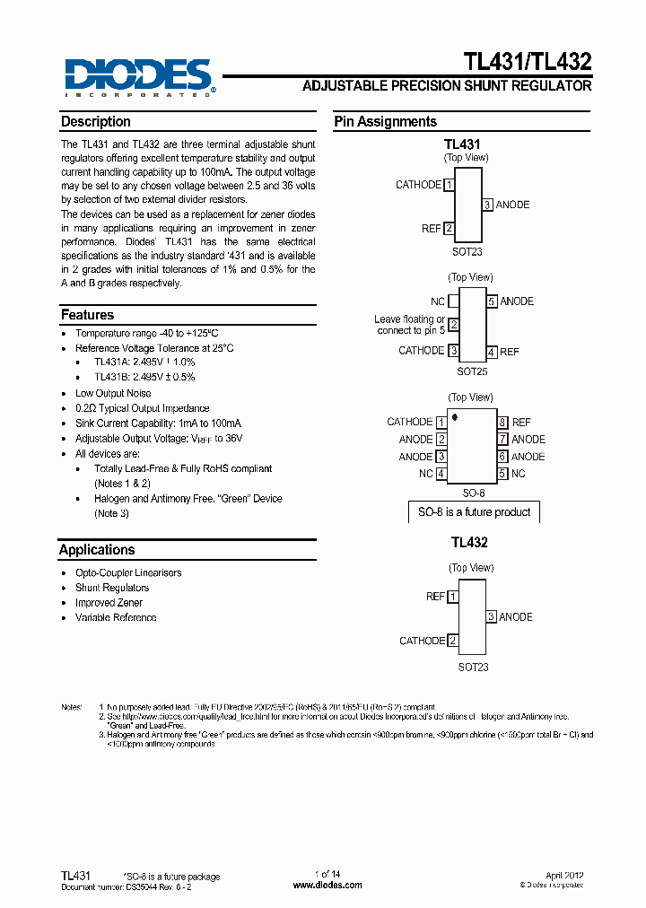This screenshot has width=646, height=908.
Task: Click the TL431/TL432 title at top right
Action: point(527,62)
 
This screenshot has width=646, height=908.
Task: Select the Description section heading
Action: point(96,122)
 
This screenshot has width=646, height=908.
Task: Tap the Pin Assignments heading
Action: point(386,122)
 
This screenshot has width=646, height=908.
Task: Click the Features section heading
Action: point(87,315)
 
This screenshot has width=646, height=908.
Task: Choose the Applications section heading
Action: point(97,550)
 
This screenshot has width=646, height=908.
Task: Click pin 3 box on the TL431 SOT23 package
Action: point(487,205)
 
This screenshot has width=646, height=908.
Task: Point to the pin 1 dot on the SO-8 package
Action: point(456,417)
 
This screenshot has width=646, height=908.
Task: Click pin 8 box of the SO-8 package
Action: point(503,423)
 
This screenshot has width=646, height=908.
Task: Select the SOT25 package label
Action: point(472,371)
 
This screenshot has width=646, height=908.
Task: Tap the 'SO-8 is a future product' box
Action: point(475,512)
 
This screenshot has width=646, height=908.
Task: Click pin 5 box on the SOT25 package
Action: point(492,302)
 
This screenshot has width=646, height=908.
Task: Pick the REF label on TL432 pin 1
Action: point(435,597)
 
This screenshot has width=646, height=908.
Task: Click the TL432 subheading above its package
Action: point(469,543)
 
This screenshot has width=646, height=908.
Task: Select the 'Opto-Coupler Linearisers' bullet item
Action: point(128,572)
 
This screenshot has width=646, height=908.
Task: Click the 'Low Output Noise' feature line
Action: point(113,393)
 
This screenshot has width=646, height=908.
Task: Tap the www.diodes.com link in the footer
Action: point(327,885)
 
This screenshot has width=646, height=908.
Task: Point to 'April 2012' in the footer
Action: point(565,875)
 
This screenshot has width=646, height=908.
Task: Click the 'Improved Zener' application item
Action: point(109,603)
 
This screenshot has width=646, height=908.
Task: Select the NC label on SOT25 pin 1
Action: point(438,302)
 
